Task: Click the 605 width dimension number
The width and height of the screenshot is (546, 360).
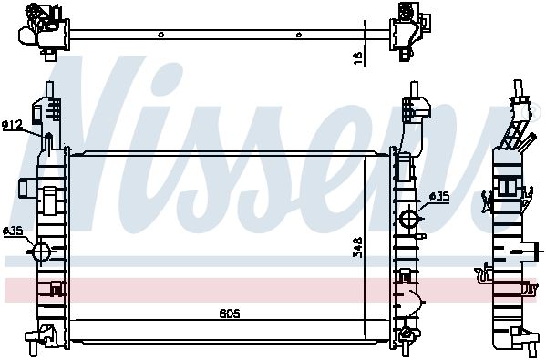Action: tap(230, 314)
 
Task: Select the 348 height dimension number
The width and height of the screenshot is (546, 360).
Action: tap(357, 248)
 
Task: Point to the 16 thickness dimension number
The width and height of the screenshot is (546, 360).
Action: tap(358, 57)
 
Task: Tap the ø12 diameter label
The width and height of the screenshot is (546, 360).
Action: tap(12, 124)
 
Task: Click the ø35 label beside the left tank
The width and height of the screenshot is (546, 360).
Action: tap(13, 231)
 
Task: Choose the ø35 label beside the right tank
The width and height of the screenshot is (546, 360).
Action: tap(438, 196)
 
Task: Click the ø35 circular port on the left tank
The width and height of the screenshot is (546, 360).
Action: tap(41, 251)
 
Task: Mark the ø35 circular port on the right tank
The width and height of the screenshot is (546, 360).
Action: tap(408, 219)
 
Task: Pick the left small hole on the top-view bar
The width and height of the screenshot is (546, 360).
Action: tap(160, 35)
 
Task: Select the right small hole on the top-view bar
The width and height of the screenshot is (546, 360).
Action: tap(298, 35)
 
